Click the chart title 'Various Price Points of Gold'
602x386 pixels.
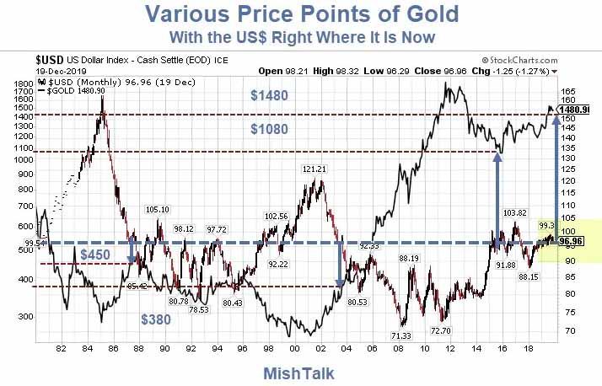tap(301, 14)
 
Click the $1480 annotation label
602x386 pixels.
tap(269, 96)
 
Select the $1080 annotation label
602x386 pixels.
tap(269, 129)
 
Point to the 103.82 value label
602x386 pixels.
tap(514, 212)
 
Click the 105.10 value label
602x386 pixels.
tap(158, 210)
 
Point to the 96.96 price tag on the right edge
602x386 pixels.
tap(575, 240)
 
